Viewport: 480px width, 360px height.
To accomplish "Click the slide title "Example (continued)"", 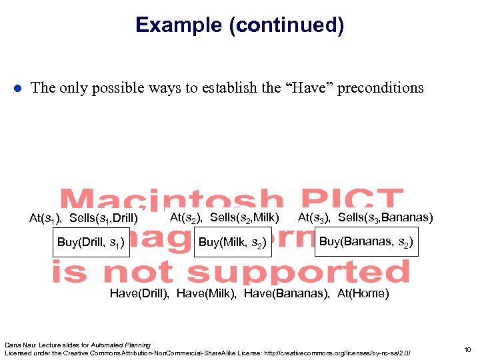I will [239, 25].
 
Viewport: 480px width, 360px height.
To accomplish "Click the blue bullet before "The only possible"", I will [18, 88].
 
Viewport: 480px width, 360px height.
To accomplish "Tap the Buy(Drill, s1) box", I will [91, 242].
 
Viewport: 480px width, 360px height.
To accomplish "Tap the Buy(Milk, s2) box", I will [233, 243].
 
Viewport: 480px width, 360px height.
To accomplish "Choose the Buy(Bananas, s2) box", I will [366, 241].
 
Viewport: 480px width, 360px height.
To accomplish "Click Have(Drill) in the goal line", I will [139, 293].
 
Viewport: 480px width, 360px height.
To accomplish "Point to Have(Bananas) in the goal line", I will [287, 293].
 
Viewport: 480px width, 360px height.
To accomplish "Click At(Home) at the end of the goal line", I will [363, 293].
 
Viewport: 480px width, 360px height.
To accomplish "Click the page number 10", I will [467, 349].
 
